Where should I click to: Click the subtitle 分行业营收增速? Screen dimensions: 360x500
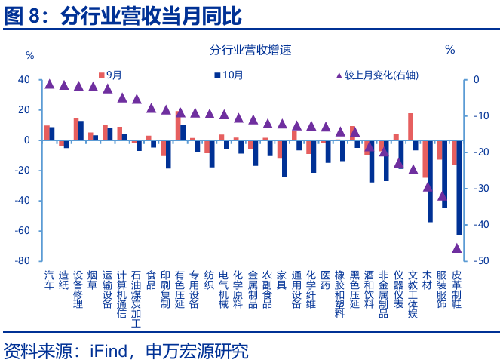(250, 51)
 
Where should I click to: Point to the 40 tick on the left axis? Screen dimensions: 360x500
(24, 80)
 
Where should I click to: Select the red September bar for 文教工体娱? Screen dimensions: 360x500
(410, 127)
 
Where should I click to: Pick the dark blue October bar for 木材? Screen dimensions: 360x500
(430, 181)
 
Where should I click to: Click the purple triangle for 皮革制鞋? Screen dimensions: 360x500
(457, 248)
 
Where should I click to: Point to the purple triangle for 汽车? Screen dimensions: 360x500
(50, 84)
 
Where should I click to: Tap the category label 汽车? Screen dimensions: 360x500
(50, 281)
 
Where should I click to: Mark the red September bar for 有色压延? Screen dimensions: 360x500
(178, 125)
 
